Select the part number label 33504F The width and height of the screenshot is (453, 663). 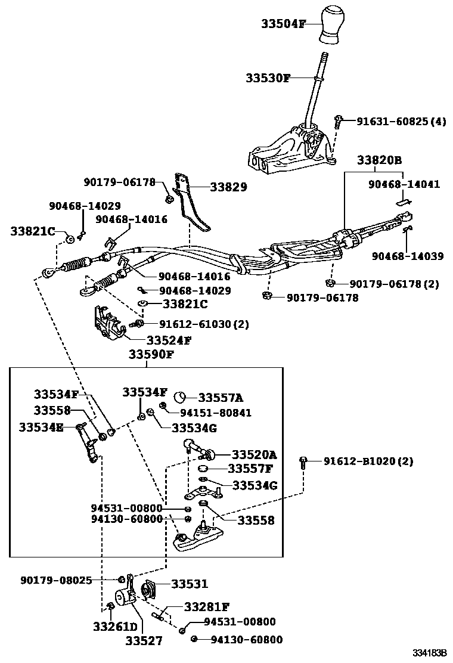283,24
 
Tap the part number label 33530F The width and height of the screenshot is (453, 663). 268,78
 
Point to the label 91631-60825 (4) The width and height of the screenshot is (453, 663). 401,122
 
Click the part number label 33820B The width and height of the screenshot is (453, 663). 379,160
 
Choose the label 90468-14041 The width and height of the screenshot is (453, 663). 404,185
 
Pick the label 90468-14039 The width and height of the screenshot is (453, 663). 408,256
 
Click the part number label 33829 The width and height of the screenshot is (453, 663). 228,187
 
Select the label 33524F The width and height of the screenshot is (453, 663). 169,341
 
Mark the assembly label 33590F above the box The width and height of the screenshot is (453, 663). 151,355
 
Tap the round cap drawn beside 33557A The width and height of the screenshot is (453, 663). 182,398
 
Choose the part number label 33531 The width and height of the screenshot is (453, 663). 190,584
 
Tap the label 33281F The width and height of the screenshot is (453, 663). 206,608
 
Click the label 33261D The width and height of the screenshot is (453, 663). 115,627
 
